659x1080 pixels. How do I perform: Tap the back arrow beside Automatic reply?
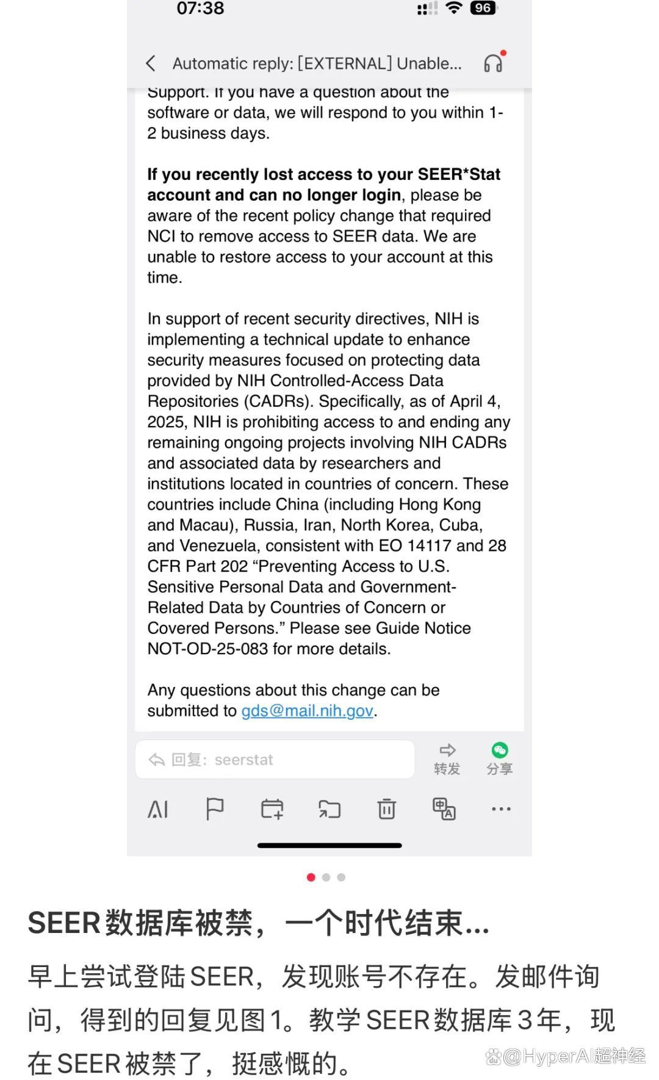tap(151, 63)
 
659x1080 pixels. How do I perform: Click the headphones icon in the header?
tap(493, 63)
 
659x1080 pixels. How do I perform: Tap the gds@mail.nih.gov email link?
tap(307, 711)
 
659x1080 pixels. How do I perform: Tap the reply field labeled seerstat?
tap(275, 760)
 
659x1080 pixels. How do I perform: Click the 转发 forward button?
tap(447, 759)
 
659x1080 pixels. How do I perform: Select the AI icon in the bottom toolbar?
tap(158, 810)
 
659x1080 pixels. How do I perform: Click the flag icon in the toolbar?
tap(215, 810)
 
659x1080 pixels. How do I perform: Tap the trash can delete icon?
tap(386, 810)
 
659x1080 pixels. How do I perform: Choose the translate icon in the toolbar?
tap(444, 809)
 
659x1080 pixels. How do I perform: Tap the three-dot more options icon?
tap(501, 809)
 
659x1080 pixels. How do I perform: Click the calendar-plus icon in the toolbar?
tap(272, 810)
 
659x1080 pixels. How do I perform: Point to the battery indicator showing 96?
tap(483, 8)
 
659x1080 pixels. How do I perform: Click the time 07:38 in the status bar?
tap(200, 9)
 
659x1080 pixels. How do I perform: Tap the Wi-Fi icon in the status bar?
tap(453, 8)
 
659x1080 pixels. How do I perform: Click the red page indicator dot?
tap(311, 877)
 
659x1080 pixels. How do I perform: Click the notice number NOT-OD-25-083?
tap(207, 649)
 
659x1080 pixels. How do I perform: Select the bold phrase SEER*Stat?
tap(459, 175)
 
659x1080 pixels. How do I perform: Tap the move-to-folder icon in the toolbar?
tap(329, 810)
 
